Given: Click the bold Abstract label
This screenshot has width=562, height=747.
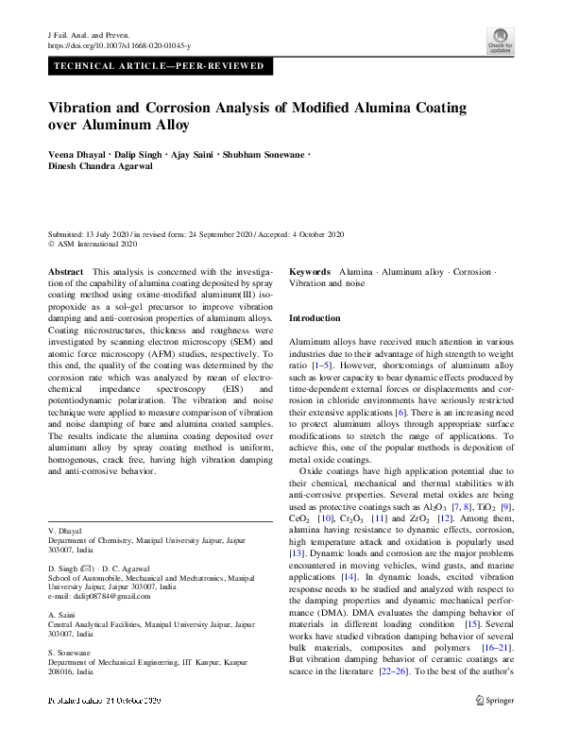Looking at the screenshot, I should pos(64,271).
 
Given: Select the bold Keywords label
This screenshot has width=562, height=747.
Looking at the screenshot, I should pos(310,271).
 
